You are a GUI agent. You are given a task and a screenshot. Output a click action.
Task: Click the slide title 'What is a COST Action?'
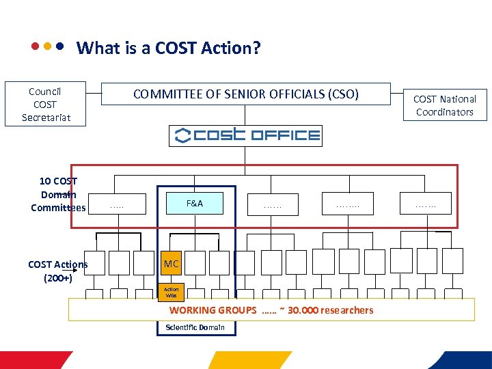click(169, 49)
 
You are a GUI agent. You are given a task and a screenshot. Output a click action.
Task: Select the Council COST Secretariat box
click(45, 105)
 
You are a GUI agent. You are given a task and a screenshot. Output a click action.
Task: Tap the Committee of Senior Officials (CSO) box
click(245, 94)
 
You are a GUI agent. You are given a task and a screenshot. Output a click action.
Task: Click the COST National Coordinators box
click(445, 105)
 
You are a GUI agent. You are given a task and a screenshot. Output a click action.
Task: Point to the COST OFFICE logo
click(245, 135)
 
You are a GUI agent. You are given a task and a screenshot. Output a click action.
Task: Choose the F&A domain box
click(195, 203)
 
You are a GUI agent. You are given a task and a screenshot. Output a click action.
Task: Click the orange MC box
click(172, 263)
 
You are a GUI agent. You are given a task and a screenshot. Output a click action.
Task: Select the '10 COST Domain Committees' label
click(59, 194)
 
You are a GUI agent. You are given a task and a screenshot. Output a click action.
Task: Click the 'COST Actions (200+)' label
click(57, 271)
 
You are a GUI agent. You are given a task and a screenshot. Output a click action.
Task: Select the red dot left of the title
click(34, 48)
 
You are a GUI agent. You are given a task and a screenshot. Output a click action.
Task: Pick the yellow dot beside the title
click(47, 48)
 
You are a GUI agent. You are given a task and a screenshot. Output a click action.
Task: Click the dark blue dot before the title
click(60, 48)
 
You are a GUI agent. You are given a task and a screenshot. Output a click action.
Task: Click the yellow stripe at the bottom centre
click(249, 360)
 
